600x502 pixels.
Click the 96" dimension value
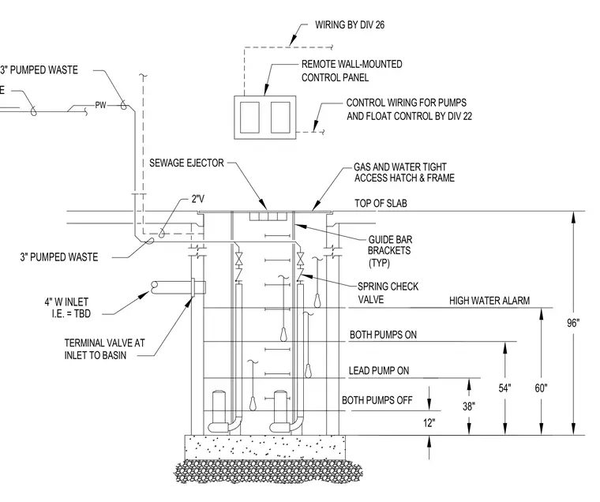(x=573, y=323)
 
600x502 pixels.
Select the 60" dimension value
(x=541, y=388)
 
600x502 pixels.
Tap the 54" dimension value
(x=504, y=388)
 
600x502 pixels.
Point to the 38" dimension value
(x=469, y=406)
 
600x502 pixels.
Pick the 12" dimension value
(x=429, y=423)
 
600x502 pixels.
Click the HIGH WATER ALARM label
(x=489, y=301)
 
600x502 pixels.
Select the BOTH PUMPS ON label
(x=383, y=335)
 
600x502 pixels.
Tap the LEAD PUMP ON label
(x=379, y=370)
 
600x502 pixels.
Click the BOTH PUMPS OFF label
(x=377, y=400)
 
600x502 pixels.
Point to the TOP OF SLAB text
(x=381, y=203)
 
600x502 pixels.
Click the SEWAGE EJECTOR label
(x=186, y=163)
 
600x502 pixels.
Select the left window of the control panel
(x=249, y=117)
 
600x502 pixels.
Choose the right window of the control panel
(x=280, y=117)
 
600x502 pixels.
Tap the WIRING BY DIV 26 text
(x=350, y=25)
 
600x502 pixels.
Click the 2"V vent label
(x=198, y=199)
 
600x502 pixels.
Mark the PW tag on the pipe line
(x=100, y=105)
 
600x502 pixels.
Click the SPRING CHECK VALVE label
(x=388, y=293)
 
